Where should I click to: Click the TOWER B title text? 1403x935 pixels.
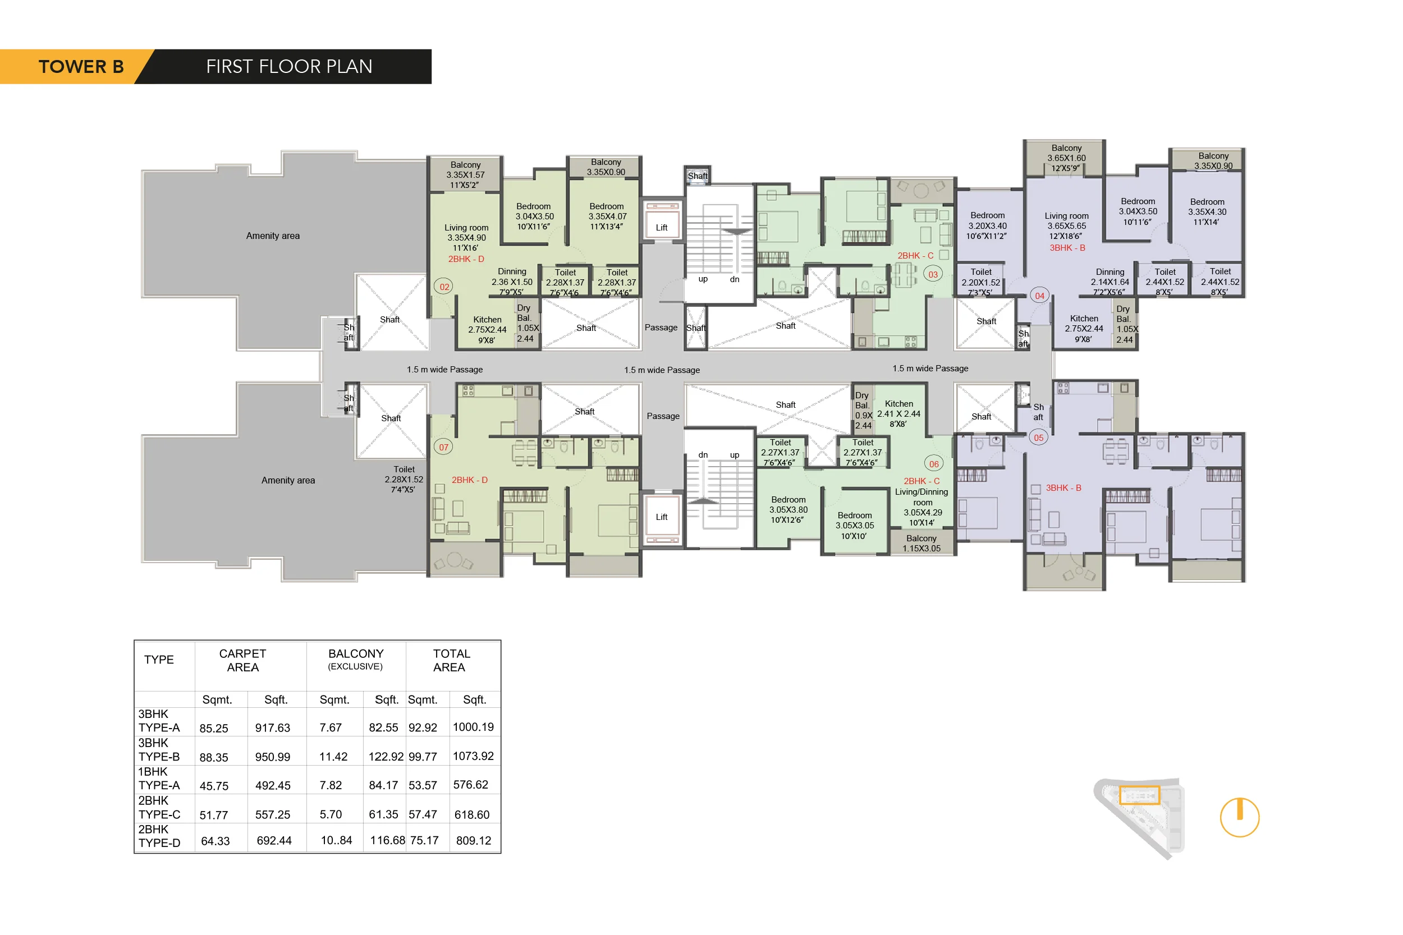[x=81, y=66]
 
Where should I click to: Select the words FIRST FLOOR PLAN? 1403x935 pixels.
[x=290, y=66]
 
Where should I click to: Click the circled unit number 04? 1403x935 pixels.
[x=1040, y=296]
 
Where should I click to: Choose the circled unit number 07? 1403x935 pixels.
[x=443, y=447]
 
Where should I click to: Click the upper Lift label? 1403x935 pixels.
[x=662, y=227]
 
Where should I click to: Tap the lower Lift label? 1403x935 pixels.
[x=662, y=517]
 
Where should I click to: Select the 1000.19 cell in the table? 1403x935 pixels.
[x=473, y=727]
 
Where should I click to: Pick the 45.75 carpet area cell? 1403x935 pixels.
[x=214, y=786]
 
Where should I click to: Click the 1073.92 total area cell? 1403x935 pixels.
[x=473, y=756]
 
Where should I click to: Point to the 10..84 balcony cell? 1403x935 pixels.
[x=336, y=840]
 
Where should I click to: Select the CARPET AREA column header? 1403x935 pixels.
[x=243, y=660]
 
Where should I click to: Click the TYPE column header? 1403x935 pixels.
[x=159, y=660]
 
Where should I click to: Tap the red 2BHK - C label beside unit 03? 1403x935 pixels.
[x=915, y=256]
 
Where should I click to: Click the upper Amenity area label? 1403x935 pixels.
[x=273, y=236]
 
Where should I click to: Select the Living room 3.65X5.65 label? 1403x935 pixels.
[x=1067, y=221]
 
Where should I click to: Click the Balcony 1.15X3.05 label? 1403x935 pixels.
[x=921, y=544]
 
